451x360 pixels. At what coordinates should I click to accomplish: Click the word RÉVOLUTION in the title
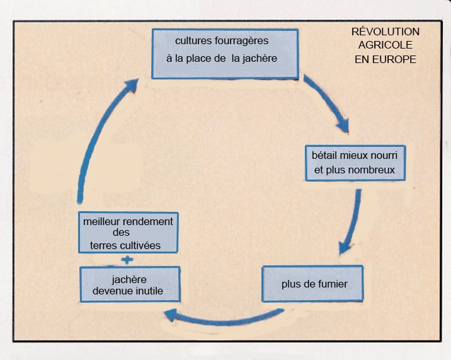point(385,32)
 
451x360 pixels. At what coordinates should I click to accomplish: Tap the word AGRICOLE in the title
point(385,45)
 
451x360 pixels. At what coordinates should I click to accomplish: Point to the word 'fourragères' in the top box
point(237,41)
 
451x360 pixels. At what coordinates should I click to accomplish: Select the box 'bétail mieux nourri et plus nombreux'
point(354,162)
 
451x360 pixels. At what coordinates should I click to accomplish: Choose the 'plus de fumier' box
point(314,284)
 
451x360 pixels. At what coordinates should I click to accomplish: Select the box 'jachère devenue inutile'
point(129,284)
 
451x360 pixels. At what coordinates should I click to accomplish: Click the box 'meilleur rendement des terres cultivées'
point(128,233)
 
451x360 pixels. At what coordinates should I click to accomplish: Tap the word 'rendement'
point(149,221)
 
